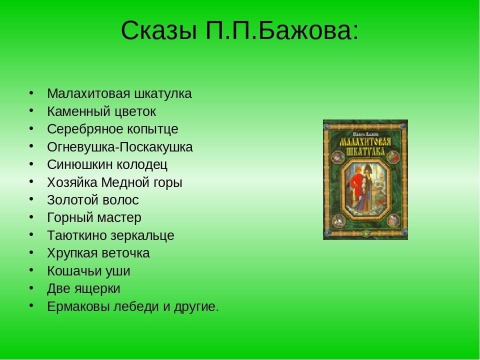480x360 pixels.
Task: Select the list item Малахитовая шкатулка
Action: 119,93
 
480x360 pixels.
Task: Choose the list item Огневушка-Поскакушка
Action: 120,147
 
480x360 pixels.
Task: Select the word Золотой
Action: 73,200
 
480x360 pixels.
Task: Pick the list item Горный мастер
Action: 94,218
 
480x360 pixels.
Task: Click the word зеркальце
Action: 142,235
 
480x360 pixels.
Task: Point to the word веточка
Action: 126,253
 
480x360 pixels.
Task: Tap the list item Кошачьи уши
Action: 89,271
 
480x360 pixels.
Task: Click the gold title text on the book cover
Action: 365,147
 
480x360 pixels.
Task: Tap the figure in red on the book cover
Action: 355,187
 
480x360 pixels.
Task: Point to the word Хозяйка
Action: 72,183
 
